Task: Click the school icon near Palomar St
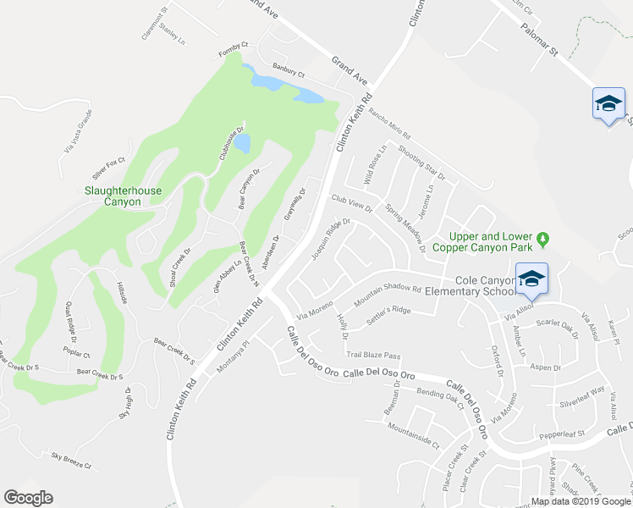(608, 103)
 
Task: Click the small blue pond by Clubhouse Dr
(242, 142)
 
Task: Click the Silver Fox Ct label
(108, 160)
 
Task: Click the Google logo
(29, 498)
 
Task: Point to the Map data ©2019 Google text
(580, 500)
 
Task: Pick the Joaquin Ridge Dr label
(330, 240)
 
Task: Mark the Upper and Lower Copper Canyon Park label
(482, 242)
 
